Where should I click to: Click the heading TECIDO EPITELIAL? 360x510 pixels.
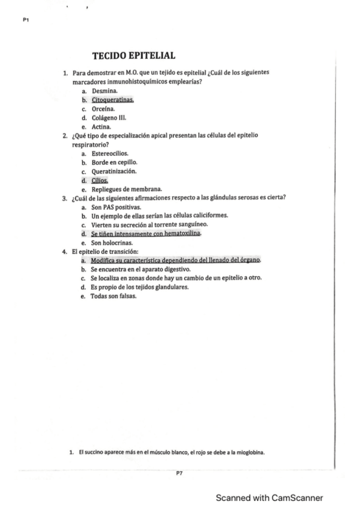tap(133, 56)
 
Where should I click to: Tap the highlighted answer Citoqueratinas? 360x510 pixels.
tap(112, 99)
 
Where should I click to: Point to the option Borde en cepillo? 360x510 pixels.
tap(114, 162)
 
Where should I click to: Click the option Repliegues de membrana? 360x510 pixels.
tap(123, 189)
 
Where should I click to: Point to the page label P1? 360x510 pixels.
tap(26, 20)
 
